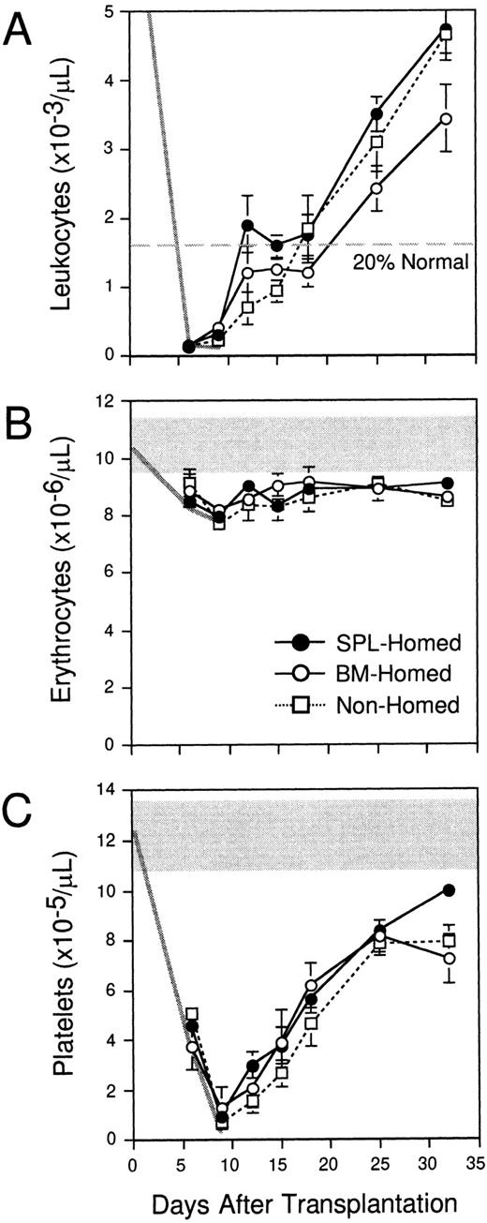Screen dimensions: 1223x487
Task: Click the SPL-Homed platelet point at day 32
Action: pyautogui.click(x=450, y=890)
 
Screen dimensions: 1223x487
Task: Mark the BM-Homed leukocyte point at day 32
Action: pyautogui.click(x=447, y=119)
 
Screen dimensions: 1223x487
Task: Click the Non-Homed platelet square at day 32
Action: pyautogui.click(x=450, y=940)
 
